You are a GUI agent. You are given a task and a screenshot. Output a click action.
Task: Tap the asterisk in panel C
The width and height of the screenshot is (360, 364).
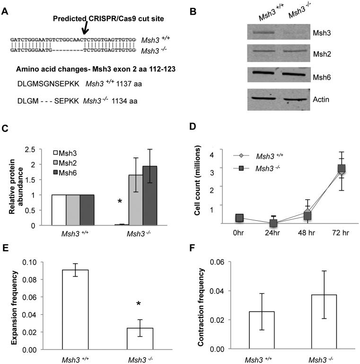(107, 203)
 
